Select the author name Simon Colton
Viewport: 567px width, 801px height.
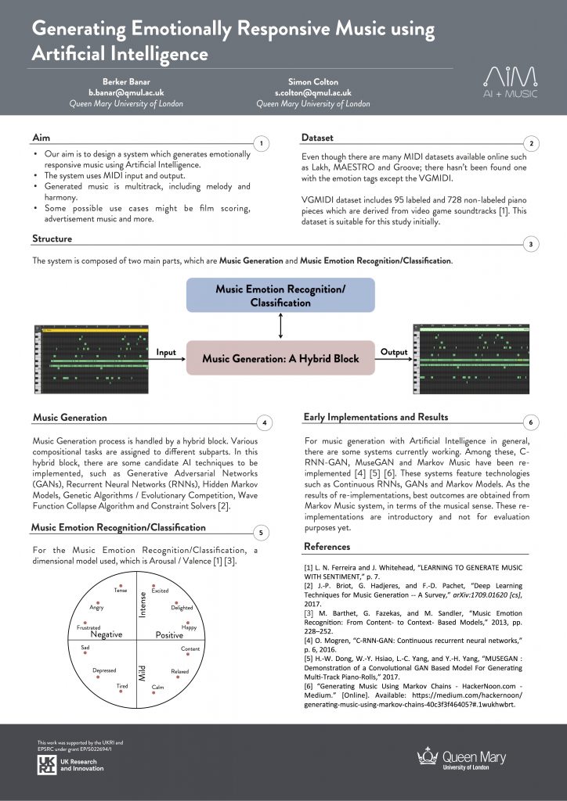[313, 81]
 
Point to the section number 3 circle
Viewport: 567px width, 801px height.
[531, 245]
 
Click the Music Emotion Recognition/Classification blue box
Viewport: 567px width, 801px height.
[280, 295]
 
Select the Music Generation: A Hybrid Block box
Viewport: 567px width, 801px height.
[280, 357]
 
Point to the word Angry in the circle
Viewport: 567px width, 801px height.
[97, 607]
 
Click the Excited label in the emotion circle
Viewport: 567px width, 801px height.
[161, 591]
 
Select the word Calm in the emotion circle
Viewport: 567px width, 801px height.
[157, 687]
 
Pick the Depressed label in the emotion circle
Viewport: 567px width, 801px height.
[104, 670]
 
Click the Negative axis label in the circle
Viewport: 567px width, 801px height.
[106, 634]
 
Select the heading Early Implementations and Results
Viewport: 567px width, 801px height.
[376, 417]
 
